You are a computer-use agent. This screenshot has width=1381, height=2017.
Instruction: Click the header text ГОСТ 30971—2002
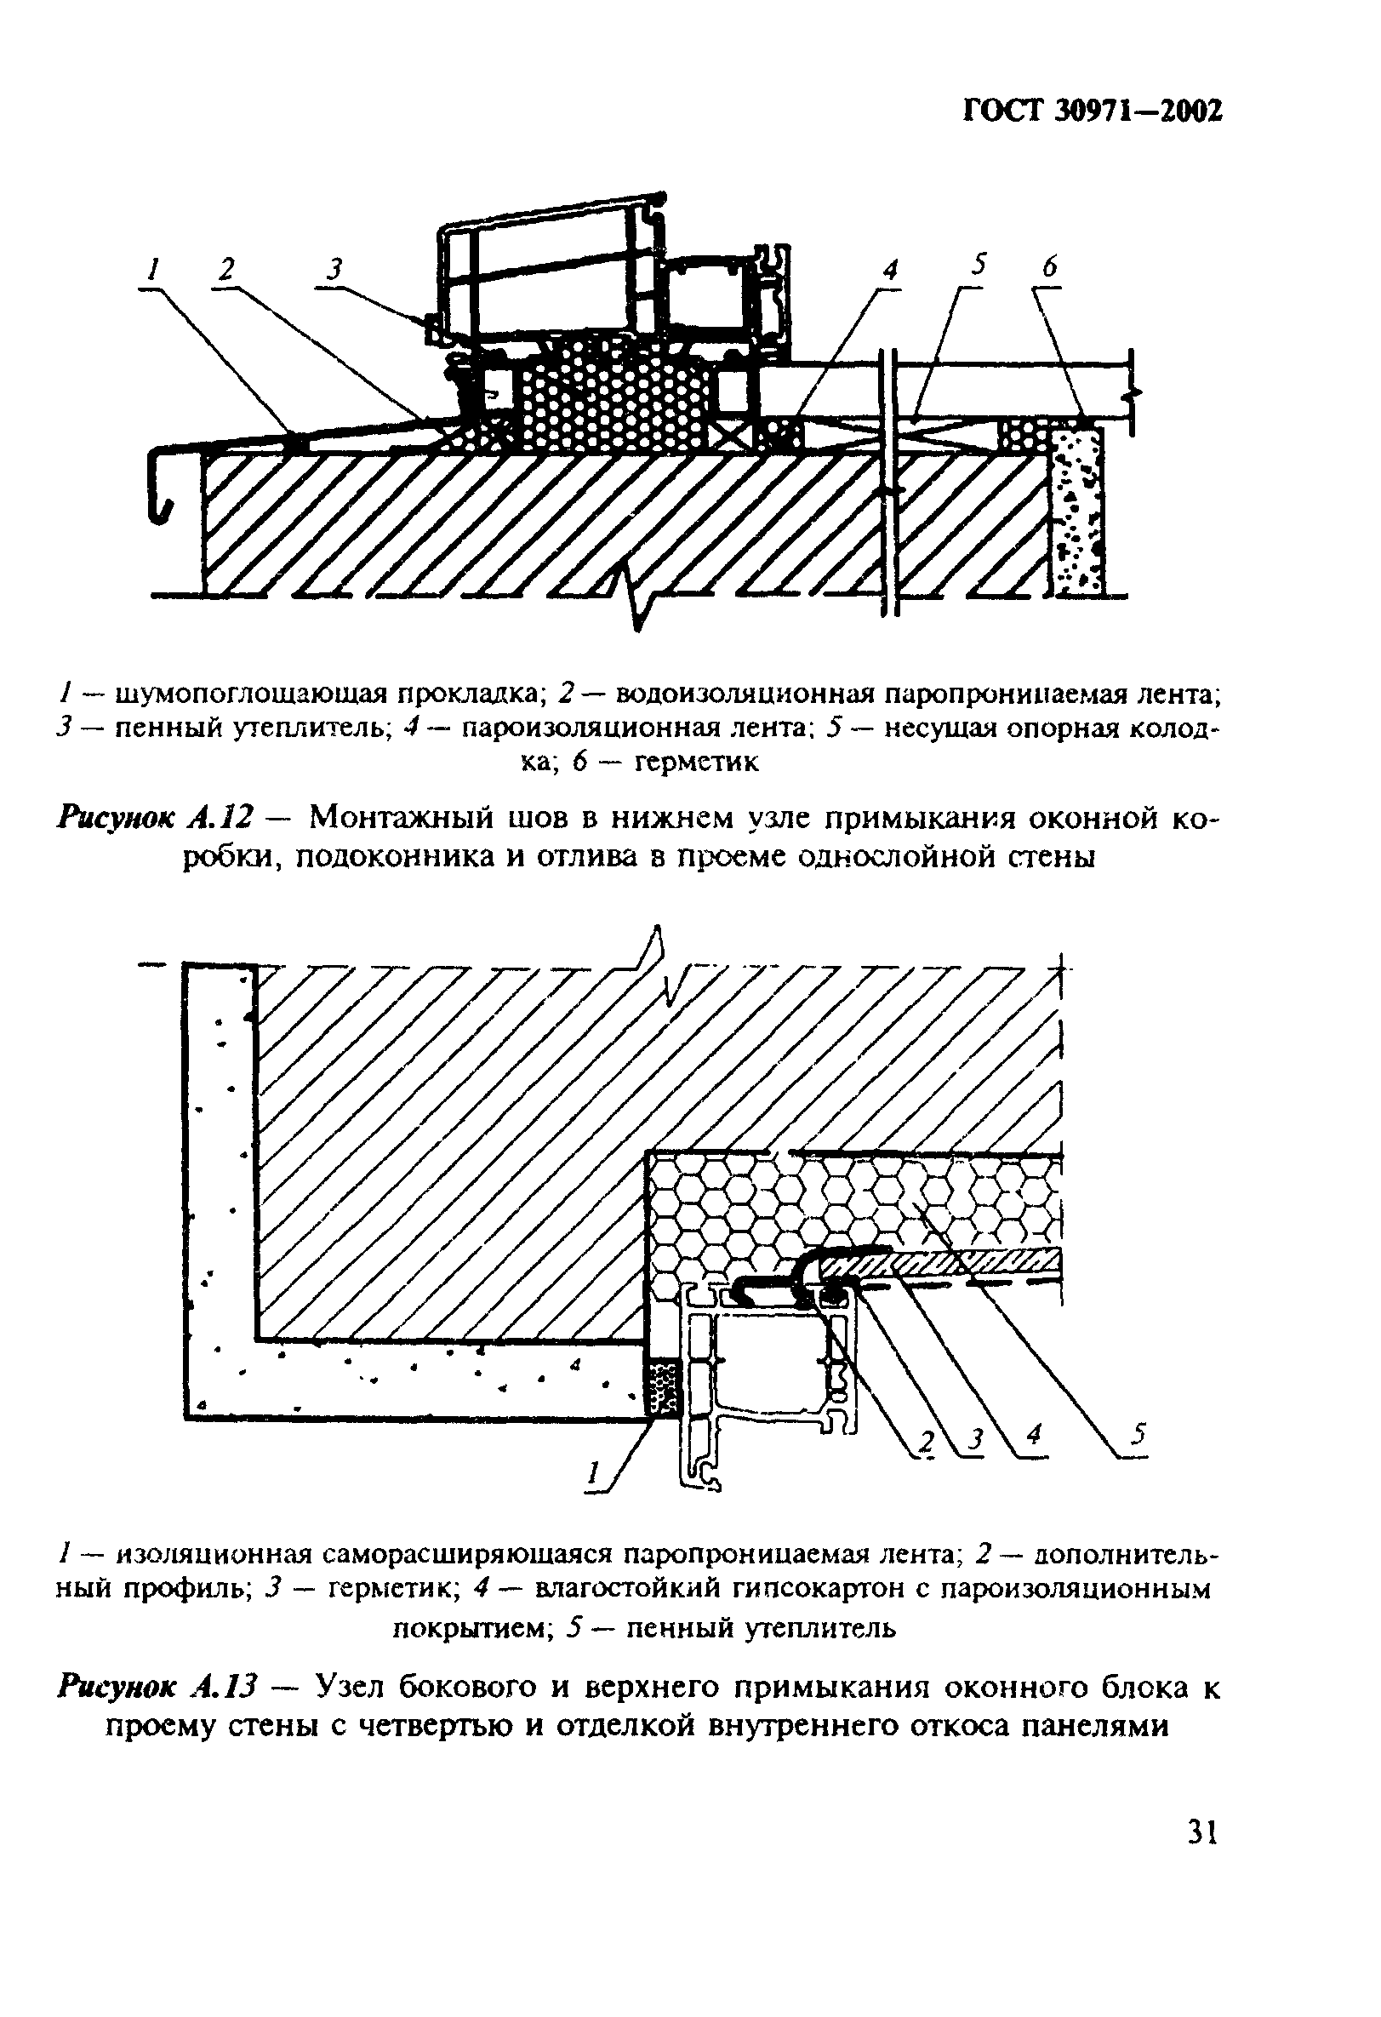coord(1092,111)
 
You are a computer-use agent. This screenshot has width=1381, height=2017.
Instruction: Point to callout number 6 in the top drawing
coord(1050,267)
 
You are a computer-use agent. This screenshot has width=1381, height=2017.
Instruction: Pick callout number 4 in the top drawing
coord(889,270)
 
